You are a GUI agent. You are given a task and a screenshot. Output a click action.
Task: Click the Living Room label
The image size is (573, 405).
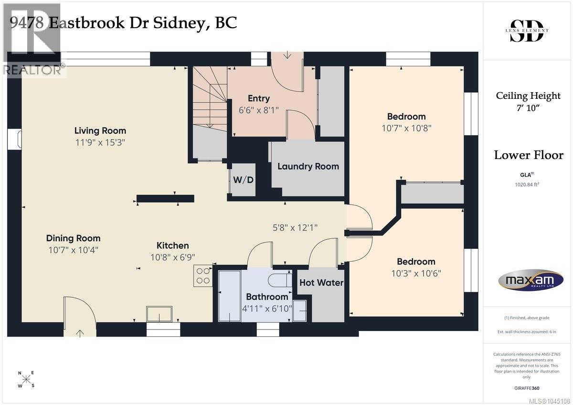click(100, 131)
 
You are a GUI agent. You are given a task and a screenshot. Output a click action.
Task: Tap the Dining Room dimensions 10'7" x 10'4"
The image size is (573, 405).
click(73, 250)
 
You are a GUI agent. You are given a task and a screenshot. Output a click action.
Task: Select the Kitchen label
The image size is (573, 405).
click(173, 245)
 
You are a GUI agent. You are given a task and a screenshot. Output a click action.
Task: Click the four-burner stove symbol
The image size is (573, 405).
click(203, 276)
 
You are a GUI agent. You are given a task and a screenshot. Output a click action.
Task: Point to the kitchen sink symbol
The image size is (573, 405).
click(159, 314)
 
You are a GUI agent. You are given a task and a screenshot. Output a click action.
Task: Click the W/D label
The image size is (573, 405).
click(243, 180)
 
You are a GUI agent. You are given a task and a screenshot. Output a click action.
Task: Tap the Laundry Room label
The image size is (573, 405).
click(308, 167)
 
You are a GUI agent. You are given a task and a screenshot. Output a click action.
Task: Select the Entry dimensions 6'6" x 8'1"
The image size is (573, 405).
click(259, 110)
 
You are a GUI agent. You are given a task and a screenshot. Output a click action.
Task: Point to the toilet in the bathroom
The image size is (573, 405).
click(280, 280)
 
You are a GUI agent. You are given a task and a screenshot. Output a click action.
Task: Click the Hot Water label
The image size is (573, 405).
click(321, 283)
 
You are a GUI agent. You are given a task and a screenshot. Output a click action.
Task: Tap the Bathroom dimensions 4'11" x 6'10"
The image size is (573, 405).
click(267, 309)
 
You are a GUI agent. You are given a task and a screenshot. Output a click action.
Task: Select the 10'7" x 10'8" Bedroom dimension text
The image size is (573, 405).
click(406, 128)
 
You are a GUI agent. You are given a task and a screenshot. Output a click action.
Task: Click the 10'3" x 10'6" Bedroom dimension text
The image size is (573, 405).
click(416, 274)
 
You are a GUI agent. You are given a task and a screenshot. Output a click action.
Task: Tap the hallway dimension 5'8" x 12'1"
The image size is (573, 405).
click(295, 228)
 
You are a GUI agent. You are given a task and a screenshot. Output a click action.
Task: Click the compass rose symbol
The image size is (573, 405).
click(26, 379)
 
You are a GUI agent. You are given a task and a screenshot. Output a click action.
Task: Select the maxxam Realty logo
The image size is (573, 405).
click(531, 280)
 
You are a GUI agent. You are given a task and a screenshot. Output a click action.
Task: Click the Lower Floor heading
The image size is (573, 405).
click(529, 155)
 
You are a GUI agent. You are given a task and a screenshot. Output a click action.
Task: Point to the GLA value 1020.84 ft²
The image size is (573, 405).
click(527, 184)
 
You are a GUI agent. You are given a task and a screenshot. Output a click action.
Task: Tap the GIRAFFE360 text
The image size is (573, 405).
click(527, 388)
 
